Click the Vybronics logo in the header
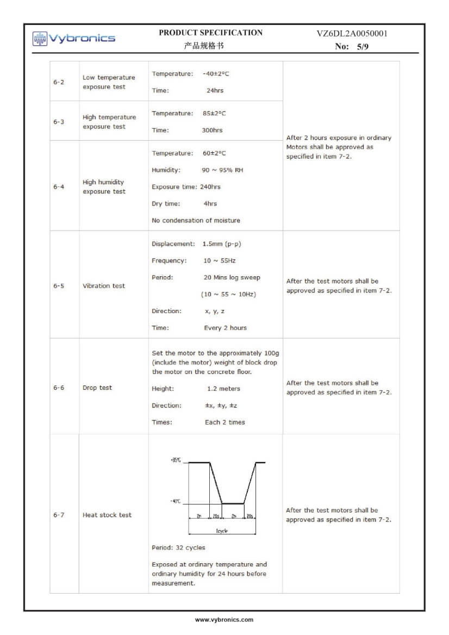click(x=74, y=38)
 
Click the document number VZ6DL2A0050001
click(x=352, y=34)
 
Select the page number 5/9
click(x=360, y=47)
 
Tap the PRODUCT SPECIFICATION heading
click(x=210, y=33)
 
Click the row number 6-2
click(x=59, y=82)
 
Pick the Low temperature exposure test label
click(x=109, y=82)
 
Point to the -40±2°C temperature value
click(x=216, y=74)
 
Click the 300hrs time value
click(x=212, y=130)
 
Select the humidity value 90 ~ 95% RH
click(x=222, y=170)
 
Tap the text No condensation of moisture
click(x=196, y=220)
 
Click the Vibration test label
click(x=103, y=286)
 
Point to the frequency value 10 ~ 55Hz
click(x=220, y=261)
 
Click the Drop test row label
click(x=97, y=388)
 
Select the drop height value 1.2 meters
click(x=223, y=389)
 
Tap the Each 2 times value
click(x=224, y=422)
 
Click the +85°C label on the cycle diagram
click(x=176, y=460)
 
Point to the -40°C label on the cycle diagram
click(x=175, y=501)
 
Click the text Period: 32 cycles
click(x=178, y=547)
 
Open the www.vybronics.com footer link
click(x=224, y=620)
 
